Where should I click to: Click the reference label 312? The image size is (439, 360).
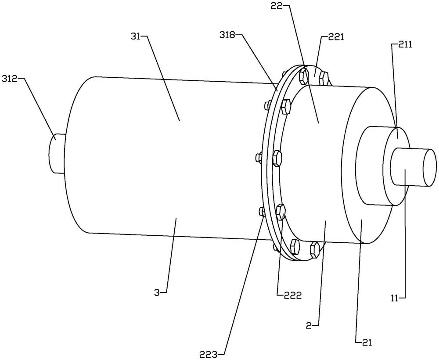coord(10,79)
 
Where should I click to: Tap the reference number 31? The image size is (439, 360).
coord(137,37)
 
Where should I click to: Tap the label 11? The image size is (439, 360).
coord(395,299)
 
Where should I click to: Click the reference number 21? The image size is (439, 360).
coord(367,342)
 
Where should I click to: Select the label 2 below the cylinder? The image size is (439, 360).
coord(309,326)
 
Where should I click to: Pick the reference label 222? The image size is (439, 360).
coord(293,295)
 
